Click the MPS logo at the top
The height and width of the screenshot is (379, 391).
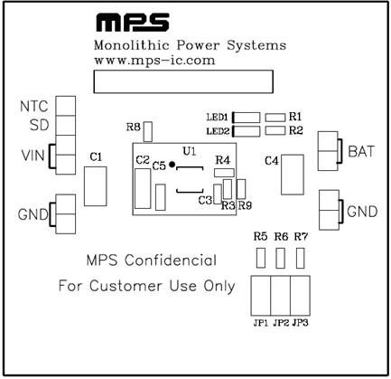coord(133,22)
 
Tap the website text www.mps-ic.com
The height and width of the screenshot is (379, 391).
coord(154,61)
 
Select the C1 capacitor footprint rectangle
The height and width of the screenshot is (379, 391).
coord(96,186)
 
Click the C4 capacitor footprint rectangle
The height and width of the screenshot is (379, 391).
coord(293,175)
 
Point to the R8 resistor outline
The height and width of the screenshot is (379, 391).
coord(148,132)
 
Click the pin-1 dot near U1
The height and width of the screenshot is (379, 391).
coord(172,165)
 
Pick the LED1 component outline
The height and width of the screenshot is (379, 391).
coord(247,118)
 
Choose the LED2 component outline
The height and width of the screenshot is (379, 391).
coord(247,131)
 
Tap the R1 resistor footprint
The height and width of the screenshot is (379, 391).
coord(275,118)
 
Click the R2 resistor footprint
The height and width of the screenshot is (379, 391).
coord(275,130)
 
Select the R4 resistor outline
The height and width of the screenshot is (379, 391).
coord(224,173)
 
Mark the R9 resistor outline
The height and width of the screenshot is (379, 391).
coord(241,189)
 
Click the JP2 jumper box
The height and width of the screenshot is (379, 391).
coord(281,296)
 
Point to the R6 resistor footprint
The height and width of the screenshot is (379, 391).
coord(281,258)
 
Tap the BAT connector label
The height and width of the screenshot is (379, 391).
coord(361,152)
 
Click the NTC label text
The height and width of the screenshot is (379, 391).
coord(34,107)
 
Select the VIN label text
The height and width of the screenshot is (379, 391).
coord(33,156)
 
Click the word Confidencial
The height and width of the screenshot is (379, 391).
coord(171,261)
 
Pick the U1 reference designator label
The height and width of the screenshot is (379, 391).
coord(190,151)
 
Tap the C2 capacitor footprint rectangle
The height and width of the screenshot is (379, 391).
coord(143,189)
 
